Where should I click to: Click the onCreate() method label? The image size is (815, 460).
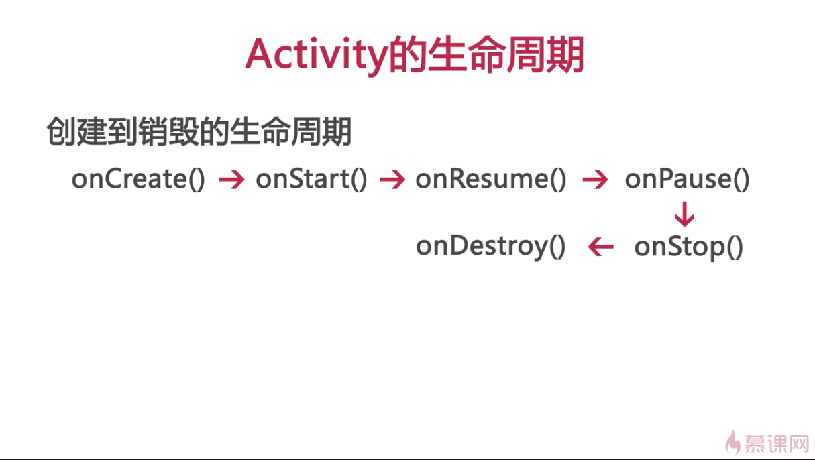[138, 179]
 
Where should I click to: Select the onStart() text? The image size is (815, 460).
[311, 179]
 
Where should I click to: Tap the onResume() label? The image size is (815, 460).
[491, 179]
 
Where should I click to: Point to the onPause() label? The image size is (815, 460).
[687, 179]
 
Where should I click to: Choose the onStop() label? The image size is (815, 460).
[688, 247]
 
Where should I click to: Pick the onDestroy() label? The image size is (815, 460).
[491, 247]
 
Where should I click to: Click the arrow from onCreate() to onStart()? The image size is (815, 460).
[231, 179]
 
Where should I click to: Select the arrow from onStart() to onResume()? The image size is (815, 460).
[392, 179]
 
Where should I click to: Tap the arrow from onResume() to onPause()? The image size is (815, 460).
[595, 179]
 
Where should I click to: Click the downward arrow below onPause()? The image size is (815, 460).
[684, 214]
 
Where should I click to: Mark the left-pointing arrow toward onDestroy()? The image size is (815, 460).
[601, 247]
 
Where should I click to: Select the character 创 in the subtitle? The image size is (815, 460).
[62, 131]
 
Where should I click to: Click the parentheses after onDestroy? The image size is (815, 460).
[557, 247]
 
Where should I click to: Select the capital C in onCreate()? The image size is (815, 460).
[115, 178]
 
